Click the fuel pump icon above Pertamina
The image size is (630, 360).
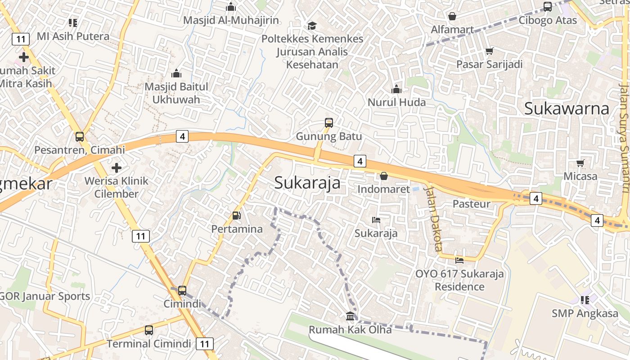coord(237,216)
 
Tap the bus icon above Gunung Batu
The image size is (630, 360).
coord(329,122)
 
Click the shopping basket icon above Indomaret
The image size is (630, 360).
coord(384,176)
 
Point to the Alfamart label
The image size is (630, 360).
coord(452,30)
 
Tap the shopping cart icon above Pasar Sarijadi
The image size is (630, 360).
coord(489,51)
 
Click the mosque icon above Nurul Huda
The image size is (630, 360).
coord(396,89)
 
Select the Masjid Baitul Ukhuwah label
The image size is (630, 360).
coord(176,93)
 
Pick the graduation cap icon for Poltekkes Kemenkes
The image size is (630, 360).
coord(312,26)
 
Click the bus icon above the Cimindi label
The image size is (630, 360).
coord(182,290)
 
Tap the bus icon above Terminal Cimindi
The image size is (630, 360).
coord(149,330)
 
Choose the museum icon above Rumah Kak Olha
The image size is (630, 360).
coord(350,316)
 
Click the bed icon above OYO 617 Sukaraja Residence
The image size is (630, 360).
coord(459,260)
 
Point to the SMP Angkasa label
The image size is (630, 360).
coord(585,313)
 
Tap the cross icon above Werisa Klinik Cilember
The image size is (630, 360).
coord(117,168)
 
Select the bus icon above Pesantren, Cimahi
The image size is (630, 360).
coord(80,136)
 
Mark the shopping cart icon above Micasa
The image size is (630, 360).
coord(580,163)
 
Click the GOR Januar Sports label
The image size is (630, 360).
coord(45,296)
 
